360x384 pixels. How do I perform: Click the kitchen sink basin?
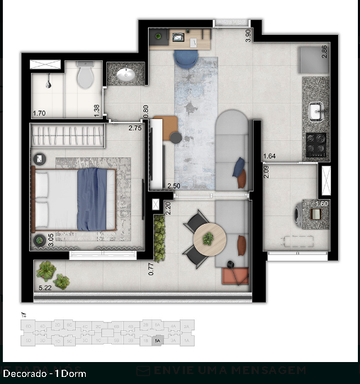click(x=316, y=111)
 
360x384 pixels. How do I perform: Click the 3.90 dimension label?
click(x=247, y=35)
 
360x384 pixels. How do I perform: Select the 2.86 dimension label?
click(x=325, y=52)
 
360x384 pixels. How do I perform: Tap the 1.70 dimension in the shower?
click(x=39, y=113)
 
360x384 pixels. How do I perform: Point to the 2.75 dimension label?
click(x=135, y=129)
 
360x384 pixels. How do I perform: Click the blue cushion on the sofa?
click(x=239, y=167)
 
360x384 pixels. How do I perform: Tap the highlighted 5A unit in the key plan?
click(x=157, y=339)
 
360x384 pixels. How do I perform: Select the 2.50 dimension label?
click(x=173, y=186)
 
